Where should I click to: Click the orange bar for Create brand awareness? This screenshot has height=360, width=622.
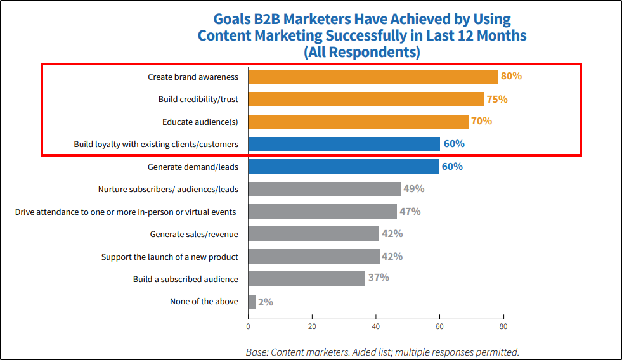[x=373, y=77]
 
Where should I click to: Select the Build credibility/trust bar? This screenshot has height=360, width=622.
[x=366, y=99]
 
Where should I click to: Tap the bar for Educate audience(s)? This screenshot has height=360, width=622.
[x=358, y=121]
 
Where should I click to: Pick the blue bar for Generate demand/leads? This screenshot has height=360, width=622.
[x=344, y=167]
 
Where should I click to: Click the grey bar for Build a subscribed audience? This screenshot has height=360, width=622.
[x=307, y=278]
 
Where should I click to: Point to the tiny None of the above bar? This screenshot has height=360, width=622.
[x=252, y=302]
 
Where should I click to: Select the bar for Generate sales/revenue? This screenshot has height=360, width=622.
[x=314, y=234]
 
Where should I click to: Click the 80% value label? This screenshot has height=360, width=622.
[x=511, y=76]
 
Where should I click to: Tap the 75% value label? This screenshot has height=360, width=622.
[x=497, y=99]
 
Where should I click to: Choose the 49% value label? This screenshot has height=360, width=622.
[x=414, y=189]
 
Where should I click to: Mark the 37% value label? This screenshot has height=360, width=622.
[x=379, y=278]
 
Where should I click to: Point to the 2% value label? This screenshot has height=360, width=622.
[x=266, y=302]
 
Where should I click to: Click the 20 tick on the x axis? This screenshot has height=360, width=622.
[x=312, y=327]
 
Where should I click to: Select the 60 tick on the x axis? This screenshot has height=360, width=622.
[x=439, y=327]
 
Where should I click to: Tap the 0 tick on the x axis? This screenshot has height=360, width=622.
[x=248, y=327]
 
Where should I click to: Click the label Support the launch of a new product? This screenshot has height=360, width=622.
[x=170, y=257]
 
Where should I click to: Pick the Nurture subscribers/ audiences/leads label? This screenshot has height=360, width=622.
[x=168, y=189]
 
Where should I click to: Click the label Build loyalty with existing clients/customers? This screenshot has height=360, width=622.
[x=156, y=145]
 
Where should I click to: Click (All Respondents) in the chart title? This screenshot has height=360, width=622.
[x=362, y=52]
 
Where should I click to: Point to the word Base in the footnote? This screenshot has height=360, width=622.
[x=257, y=352]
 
